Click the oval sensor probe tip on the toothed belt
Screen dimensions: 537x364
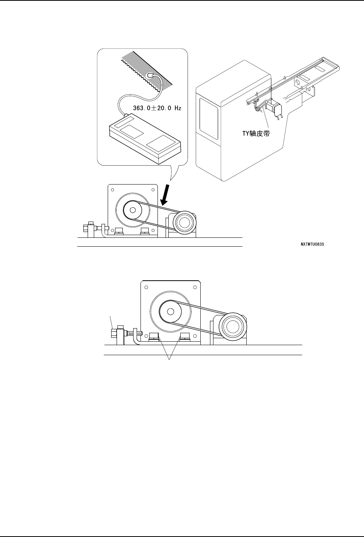152,75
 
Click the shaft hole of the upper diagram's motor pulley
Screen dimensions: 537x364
133,210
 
